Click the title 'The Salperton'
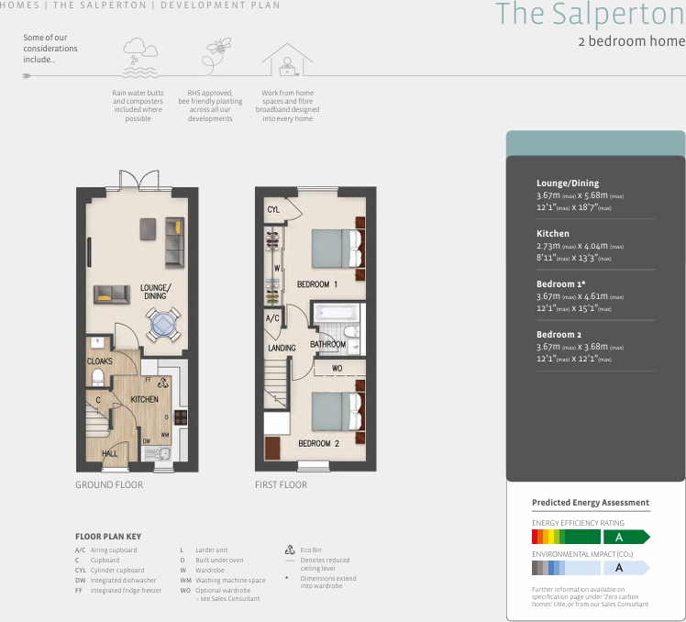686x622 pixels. (x=590, y=16)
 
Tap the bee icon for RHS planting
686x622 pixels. (x=217, y=52)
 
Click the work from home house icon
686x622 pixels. (x=286, y=59)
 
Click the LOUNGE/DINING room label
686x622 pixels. (x=154, y=292)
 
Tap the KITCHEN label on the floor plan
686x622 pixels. (x=144, y=400)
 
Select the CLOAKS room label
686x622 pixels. (x=99, y=362)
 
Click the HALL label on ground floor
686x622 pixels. (x=109, y=453)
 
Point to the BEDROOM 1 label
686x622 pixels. (x=317, y=284)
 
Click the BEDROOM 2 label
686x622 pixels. (x=317, y=443)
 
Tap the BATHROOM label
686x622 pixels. (x=327, y=345)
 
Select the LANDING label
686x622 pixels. (x=282, y=349)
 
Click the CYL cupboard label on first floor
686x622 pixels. (x=273, y=210)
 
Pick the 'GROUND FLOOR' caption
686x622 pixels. (x=109, y=484)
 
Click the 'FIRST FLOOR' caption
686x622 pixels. (x=281, y=484)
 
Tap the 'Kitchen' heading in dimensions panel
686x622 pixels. (x=553, y=234)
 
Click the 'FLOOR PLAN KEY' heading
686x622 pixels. (x=108, y=537)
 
